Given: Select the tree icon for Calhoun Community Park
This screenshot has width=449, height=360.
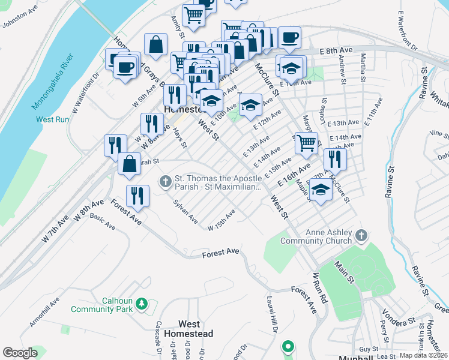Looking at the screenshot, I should point(142,304).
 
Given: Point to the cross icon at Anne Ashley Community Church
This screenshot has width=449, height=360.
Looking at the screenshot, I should point(361,235).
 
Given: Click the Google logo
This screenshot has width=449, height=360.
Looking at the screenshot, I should point(20,353).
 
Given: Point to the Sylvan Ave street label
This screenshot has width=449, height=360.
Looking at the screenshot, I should point(185,212).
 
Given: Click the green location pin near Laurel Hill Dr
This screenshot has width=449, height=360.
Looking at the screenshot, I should point(288,346).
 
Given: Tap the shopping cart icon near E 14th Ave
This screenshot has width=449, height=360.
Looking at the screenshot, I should point(306,143).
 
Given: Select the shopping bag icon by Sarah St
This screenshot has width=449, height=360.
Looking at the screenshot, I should point(129,163).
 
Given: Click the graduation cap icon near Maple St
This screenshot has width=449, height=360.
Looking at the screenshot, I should point(321,190).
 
